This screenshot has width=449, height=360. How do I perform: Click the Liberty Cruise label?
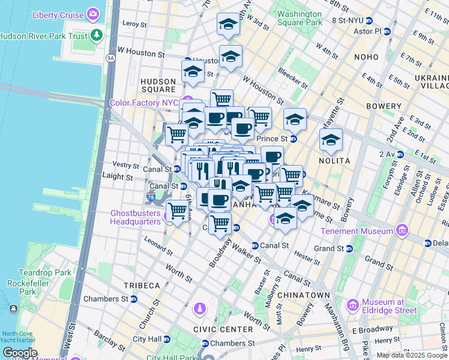point(58,14)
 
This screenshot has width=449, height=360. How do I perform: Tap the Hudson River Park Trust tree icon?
point(97,35)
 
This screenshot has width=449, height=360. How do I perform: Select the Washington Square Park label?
point(300,18)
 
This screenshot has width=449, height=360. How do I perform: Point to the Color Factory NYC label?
point(145,103)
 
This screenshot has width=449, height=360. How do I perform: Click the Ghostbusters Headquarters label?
point(136,217)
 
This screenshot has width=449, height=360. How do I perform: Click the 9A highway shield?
point(110,58)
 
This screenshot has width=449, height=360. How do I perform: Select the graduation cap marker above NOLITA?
point(331,140)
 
